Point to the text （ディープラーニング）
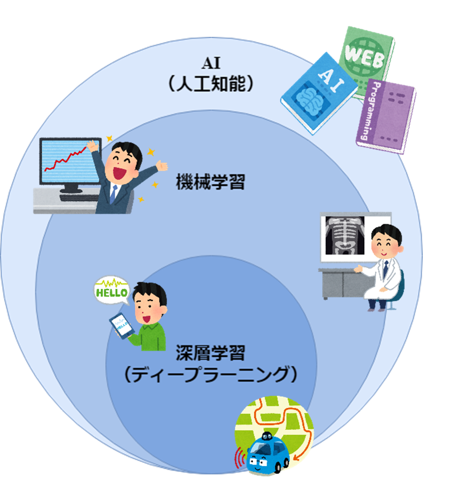click(x=210, y=375)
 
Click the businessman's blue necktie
click(x=113, y=193)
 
